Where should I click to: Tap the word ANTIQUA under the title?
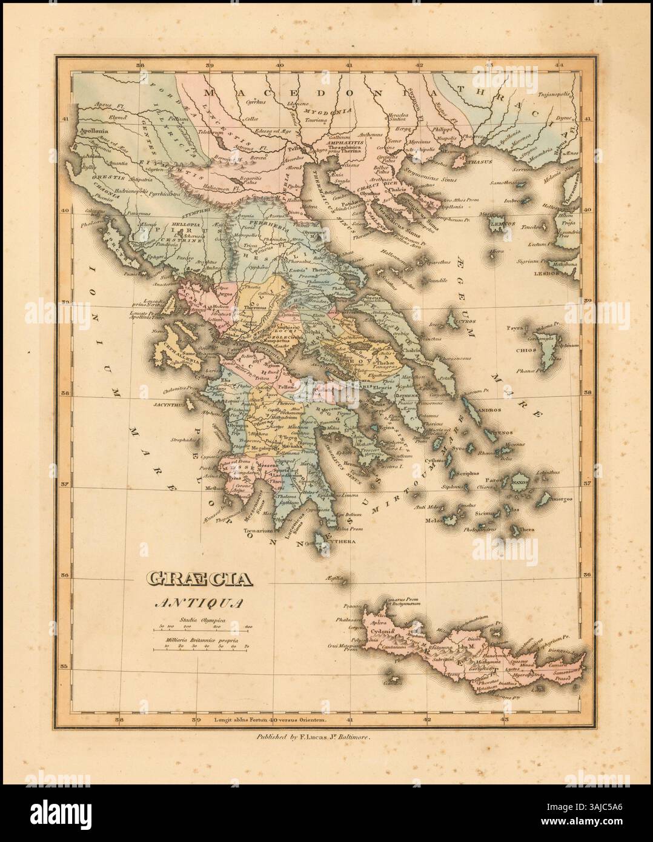coord(196,603)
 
